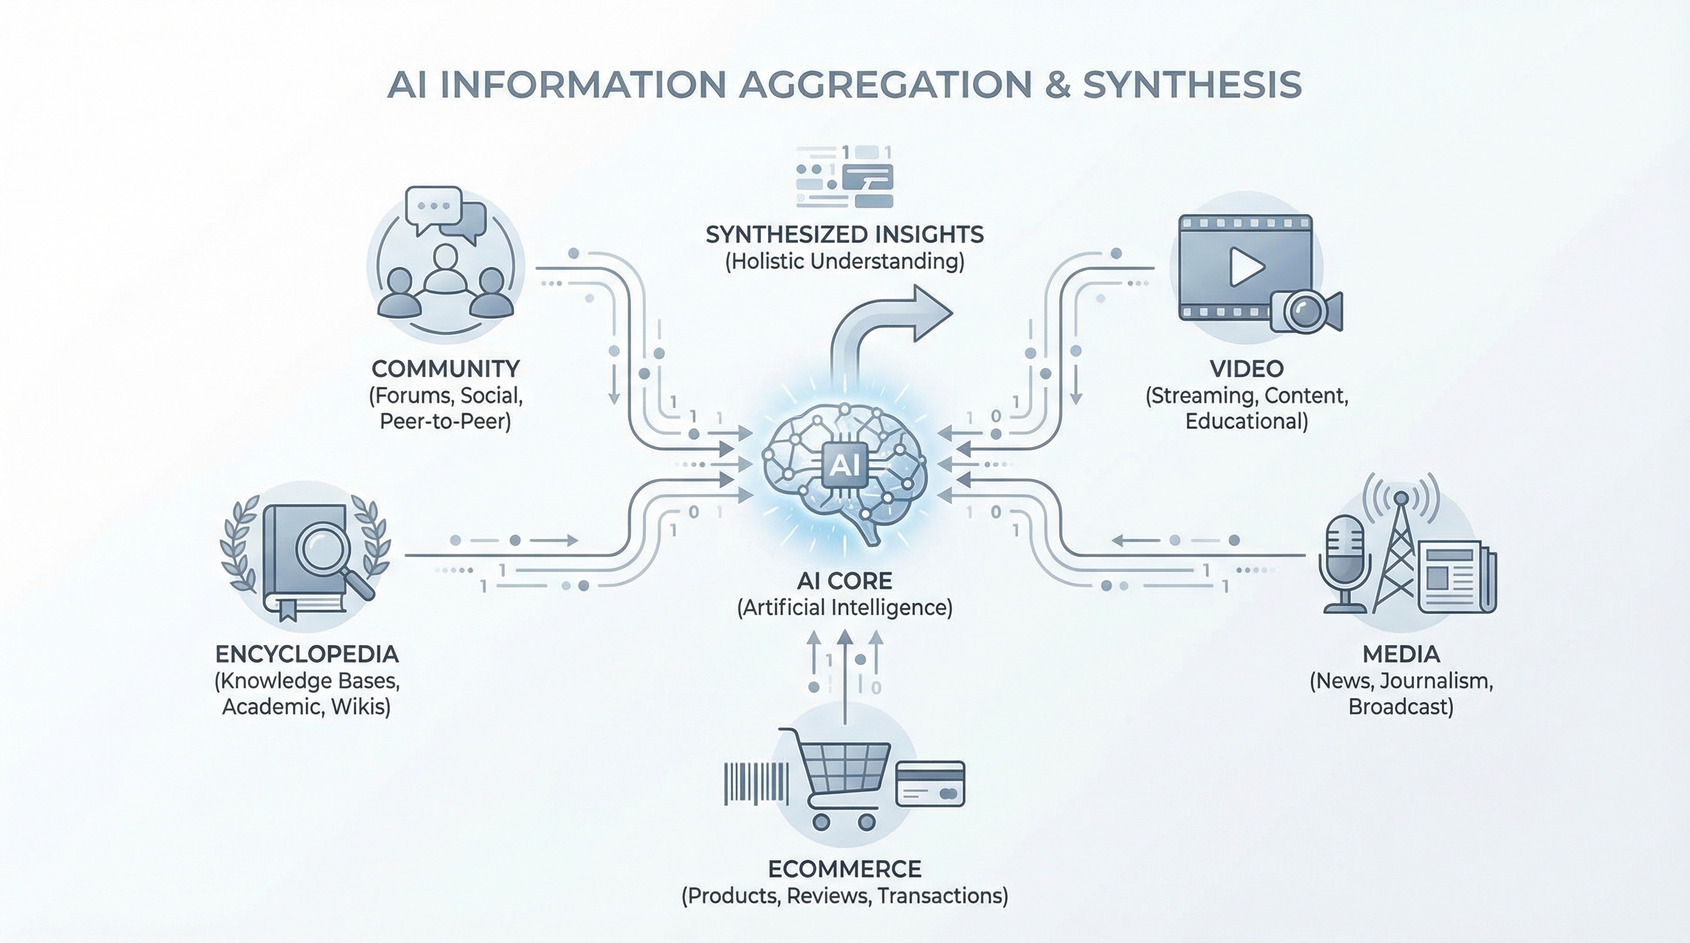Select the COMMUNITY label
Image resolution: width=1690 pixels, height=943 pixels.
coord(445,368)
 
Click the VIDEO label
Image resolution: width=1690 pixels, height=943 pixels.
coord(1247,368)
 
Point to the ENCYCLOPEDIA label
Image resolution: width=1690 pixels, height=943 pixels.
coord(306,654)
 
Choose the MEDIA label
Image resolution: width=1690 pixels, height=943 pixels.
coord(1401,654)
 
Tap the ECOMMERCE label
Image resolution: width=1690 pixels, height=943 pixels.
coord(844,869)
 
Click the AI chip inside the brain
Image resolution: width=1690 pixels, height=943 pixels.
coord(844,465)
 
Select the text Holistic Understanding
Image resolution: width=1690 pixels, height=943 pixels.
coord(844,262)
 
